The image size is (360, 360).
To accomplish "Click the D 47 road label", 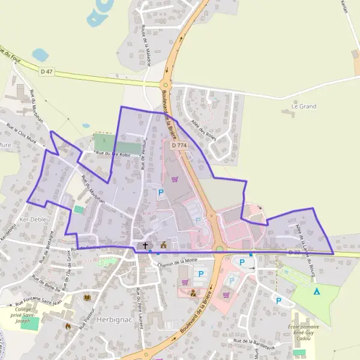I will point(47,71).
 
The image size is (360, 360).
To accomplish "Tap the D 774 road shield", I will point(179,145).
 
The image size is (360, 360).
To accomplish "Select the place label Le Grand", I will point(303,106).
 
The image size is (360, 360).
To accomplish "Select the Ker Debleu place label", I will point(33,220).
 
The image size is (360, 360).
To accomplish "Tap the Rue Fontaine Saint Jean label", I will point(40,293).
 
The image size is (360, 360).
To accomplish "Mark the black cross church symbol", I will point(145,245).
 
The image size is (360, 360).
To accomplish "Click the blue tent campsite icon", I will point(317,292).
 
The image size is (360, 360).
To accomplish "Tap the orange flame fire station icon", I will point(68,326).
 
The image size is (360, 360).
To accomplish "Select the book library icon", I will point(87,298).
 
